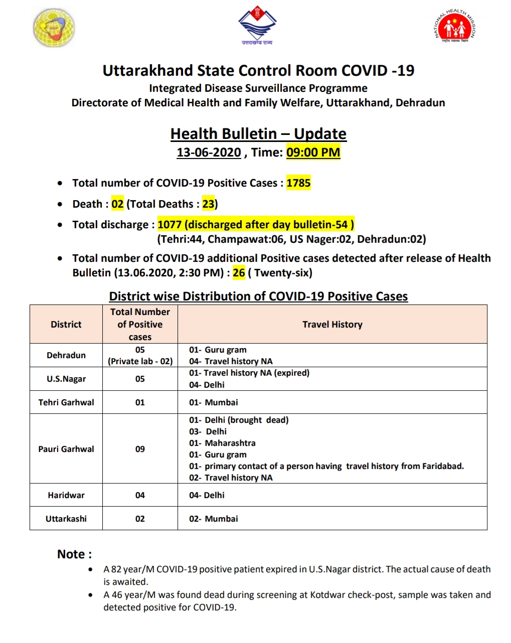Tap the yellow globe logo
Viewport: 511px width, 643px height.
tap(54, 28)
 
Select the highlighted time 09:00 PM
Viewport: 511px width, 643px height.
tap(313, 152)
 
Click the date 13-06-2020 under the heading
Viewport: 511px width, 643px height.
tap(209, 152)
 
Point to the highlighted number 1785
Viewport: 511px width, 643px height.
tap(298, 183)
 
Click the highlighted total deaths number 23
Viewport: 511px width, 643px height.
tap(208, 204)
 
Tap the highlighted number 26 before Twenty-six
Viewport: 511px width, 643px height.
tap(239, 273)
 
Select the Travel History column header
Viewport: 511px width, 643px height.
tap(332, 325)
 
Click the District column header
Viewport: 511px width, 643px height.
tap(66, 325)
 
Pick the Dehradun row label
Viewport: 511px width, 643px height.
tap(66, 355)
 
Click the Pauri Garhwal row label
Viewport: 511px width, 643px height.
tap(66, 449)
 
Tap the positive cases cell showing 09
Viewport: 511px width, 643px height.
tap(140, 449)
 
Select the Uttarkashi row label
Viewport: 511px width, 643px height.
tap(66, 519)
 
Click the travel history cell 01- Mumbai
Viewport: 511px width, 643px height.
tap(214, 402)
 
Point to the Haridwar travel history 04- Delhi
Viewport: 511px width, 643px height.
tap(207, 495)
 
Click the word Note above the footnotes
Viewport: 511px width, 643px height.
tap(71, 554)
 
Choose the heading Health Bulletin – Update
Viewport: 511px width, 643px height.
tap(258, 134)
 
